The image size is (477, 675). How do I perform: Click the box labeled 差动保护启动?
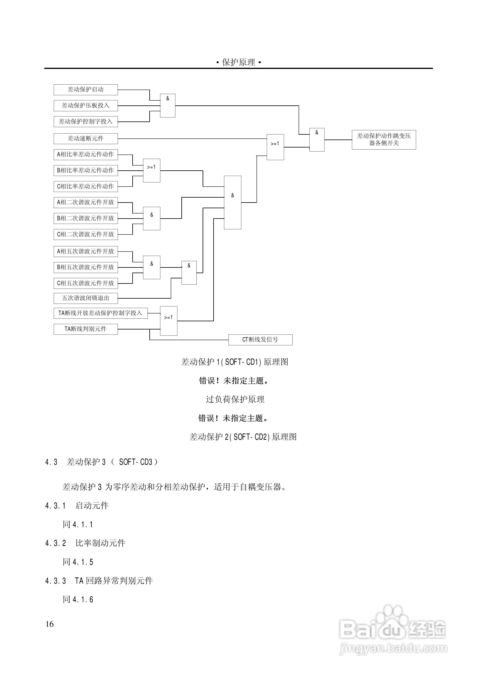[86, 90]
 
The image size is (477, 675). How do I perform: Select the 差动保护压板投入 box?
[86, 106]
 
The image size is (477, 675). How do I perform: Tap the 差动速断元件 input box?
[86, 138]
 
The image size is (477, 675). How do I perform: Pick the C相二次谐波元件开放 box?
[86, 234]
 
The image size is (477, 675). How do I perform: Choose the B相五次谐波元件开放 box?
[86, 267]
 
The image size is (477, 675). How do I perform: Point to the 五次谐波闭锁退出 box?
[86, 298]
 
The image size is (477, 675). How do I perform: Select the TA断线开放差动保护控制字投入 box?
[101, 313]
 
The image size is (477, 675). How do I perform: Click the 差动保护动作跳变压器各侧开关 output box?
[384, 140]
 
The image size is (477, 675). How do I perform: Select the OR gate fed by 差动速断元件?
[275, 147]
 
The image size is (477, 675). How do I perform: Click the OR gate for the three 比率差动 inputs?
[152, 171]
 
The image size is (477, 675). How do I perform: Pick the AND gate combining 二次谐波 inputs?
[152, 218]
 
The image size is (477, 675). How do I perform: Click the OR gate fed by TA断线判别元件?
[169, 321]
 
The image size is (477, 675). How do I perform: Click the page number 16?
[50, 624]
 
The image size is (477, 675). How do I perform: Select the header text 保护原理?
[238, 62]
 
